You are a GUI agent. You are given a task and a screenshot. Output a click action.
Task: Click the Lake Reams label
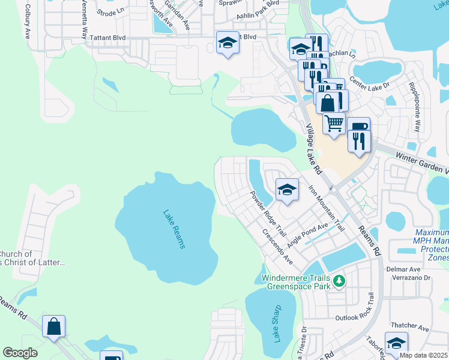pos(174,229)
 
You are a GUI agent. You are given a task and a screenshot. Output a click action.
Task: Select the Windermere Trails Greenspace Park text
pos(297,282)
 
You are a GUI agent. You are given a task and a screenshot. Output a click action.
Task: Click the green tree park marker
pos(340,280)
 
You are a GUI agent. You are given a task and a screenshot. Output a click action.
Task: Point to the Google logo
pos(20,353)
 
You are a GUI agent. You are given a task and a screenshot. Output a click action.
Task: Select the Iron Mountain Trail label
pos(327,208)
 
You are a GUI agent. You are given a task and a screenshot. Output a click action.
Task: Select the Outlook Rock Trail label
pos(356,317)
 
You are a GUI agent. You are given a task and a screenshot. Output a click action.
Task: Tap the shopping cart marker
pos(334,123)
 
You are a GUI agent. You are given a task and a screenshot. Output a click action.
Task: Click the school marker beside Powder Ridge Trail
pos(287,190)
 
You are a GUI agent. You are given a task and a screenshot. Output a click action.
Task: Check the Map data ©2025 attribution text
pos(423,355)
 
